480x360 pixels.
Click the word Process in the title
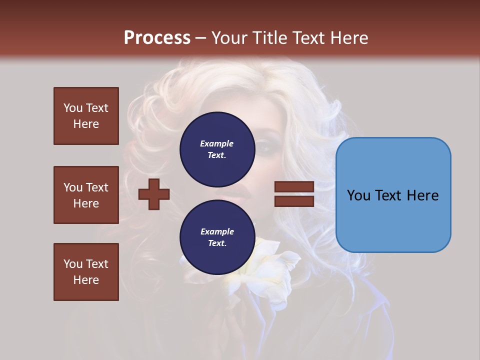[157, 38]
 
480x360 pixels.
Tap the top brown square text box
[86, 116]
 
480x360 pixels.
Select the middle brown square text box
[86, 195]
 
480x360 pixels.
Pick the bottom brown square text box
[86, 272]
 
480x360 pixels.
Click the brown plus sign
[154, 194]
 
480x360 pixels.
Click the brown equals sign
[294, 194]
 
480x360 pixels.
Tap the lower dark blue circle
[217, 237]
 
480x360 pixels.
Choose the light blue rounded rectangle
[393, 195]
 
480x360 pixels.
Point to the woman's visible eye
[263, 146]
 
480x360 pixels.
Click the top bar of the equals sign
[294, 187]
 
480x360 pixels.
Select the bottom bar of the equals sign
[294, 201]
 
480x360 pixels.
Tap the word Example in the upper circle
[217, 143]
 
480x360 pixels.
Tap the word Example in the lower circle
[217, 231]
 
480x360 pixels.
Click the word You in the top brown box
[72, 108]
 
